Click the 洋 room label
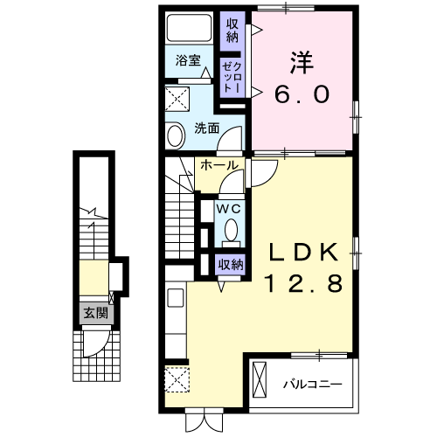pos(301,62)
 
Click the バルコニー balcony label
pos(311,383)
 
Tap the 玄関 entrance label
pos(91,312)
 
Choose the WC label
pos(229,210)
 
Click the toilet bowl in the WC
pos(230,230)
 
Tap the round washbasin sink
pos(175,135)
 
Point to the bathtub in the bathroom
pos(187,29)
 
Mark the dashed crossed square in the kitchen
pos(176,382)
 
